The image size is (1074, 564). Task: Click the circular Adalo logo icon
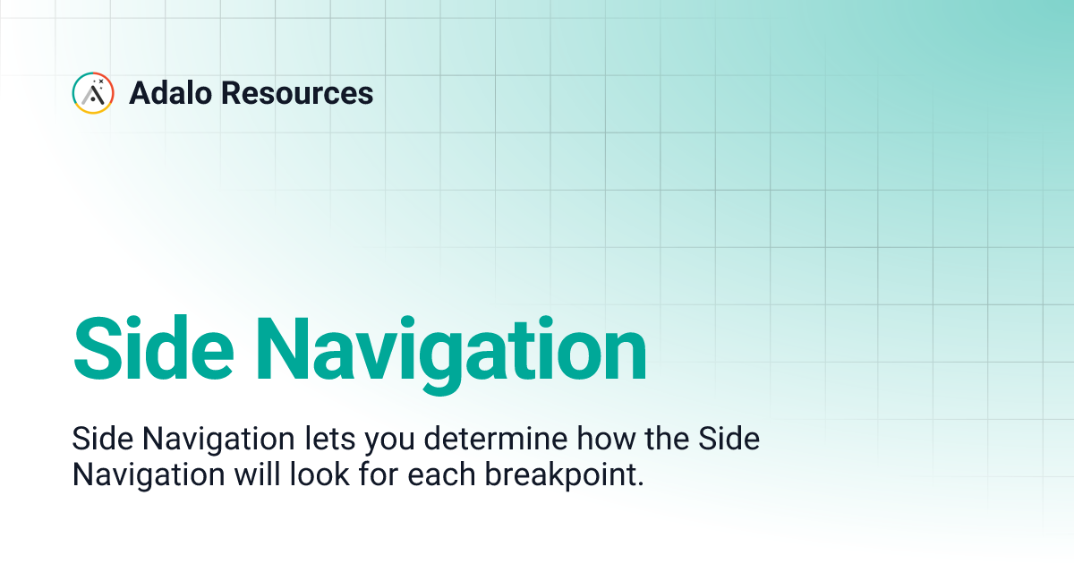point(93,93)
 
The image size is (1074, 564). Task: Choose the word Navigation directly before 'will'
point(148,474)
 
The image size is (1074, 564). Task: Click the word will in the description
point(258,474)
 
